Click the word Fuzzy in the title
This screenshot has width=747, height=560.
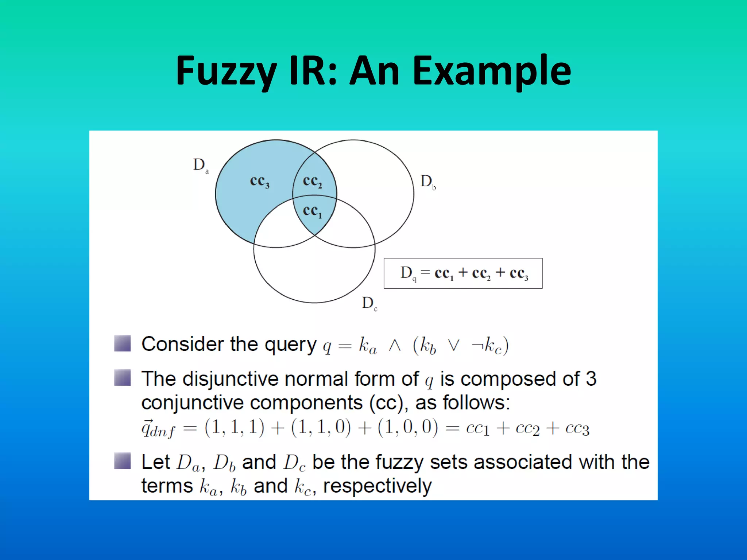coord(226,71)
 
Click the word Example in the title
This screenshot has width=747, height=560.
coord(492,71)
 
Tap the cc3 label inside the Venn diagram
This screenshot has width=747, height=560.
coord(259,181)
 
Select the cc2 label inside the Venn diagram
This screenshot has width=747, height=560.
coord(312,181)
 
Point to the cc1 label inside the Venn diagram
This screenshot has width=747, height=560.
coord(312,211)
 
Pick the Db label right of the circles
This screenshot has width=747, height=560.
coord(428,182)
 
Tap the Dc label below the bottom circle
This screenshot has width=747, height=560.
coord(369,303)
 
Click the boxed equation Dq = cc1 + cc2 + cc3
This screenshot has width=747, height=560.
coord(463,273)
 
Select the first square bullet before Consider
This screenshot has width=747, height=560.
coord(122,343)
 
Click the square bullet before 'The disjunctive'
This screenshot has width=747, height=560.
coord(122,377)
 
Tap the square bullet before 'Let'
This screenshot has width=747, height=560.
coord(122,460)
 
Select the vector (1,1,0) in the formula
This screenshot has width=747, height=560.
coord(321,427)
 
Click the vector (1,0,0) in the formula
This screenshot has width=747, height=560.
coord(407,427)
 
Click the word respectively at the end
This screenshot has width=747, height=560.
coord(377,486)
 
